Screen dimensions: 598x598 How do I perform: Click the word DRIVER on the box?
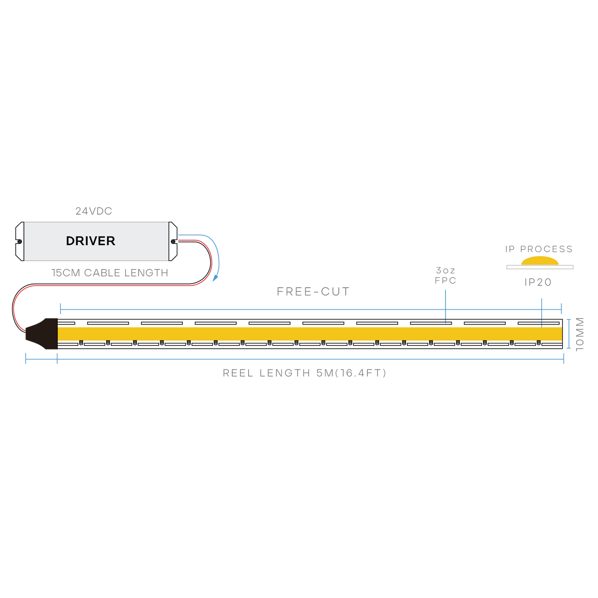[x=90, y=241]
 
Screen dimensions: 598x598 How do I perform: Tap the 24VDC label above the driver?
[x=94, y=211]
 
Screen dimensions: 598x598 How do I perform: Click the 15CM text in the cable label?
[x=66, y=273]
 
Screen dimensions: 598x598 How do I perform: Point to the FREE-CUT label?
[x=313, y=292]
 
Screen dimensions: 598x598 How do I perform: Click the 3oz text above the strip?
[x=446, y=270]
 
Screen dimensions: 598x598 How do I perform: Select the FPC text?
[x=446, y=281]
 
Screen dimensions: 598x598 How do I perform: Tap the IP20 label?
[x=538, y=282]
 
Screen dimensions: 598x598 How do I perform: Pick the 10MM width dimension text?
[x=580, y=334]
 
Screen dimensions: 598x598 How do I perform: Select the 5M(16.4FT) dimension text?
[x=351, y=373]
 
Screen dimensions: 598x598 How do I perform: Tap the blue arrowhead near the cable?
[x=215, y=278]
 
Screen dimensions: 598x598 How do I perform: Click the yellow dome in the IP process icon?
[x=540, y=261]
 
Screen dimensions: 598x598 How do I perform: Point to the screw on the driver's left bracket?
[x=19, y=241]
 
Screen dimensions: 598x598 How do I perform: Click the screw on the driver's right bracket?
[x=173, y=241]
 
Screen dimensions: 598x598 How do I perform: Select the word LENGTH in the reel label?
[x=285, y=373]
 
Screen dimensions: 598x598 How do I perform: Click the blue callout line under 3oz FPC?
[x=446, y=306]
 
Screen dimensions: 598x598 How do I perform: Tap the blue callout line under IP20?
[x=542, y=312]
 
